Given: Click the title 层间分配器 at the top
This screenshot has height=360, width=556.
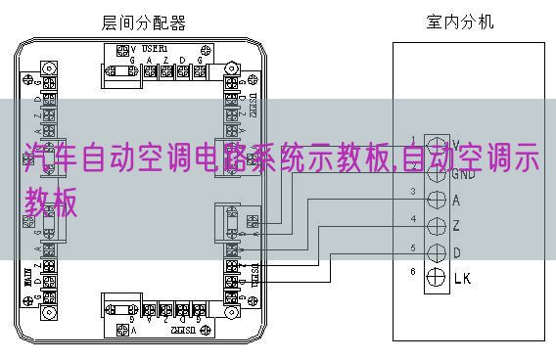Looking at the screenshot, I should click(144, 22).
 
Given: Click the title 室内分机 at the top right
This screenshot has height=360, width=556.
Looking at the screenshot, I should click(461, 20).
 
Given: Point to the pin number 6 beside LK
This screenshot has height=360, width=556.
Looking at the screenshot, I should click(412, 271).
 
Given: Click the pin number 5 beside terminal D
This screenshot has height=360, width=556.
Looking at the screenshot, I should click(412, 247).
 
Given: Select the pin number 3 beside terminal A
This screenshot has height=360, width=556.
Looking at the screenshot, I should click(412, 191).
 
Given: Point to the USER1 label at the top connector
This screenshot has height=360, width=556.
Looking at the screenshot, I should click(155, 48).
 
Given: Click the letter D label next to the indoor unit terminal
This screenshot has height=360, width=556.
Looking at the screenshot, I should click(457, 253).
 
